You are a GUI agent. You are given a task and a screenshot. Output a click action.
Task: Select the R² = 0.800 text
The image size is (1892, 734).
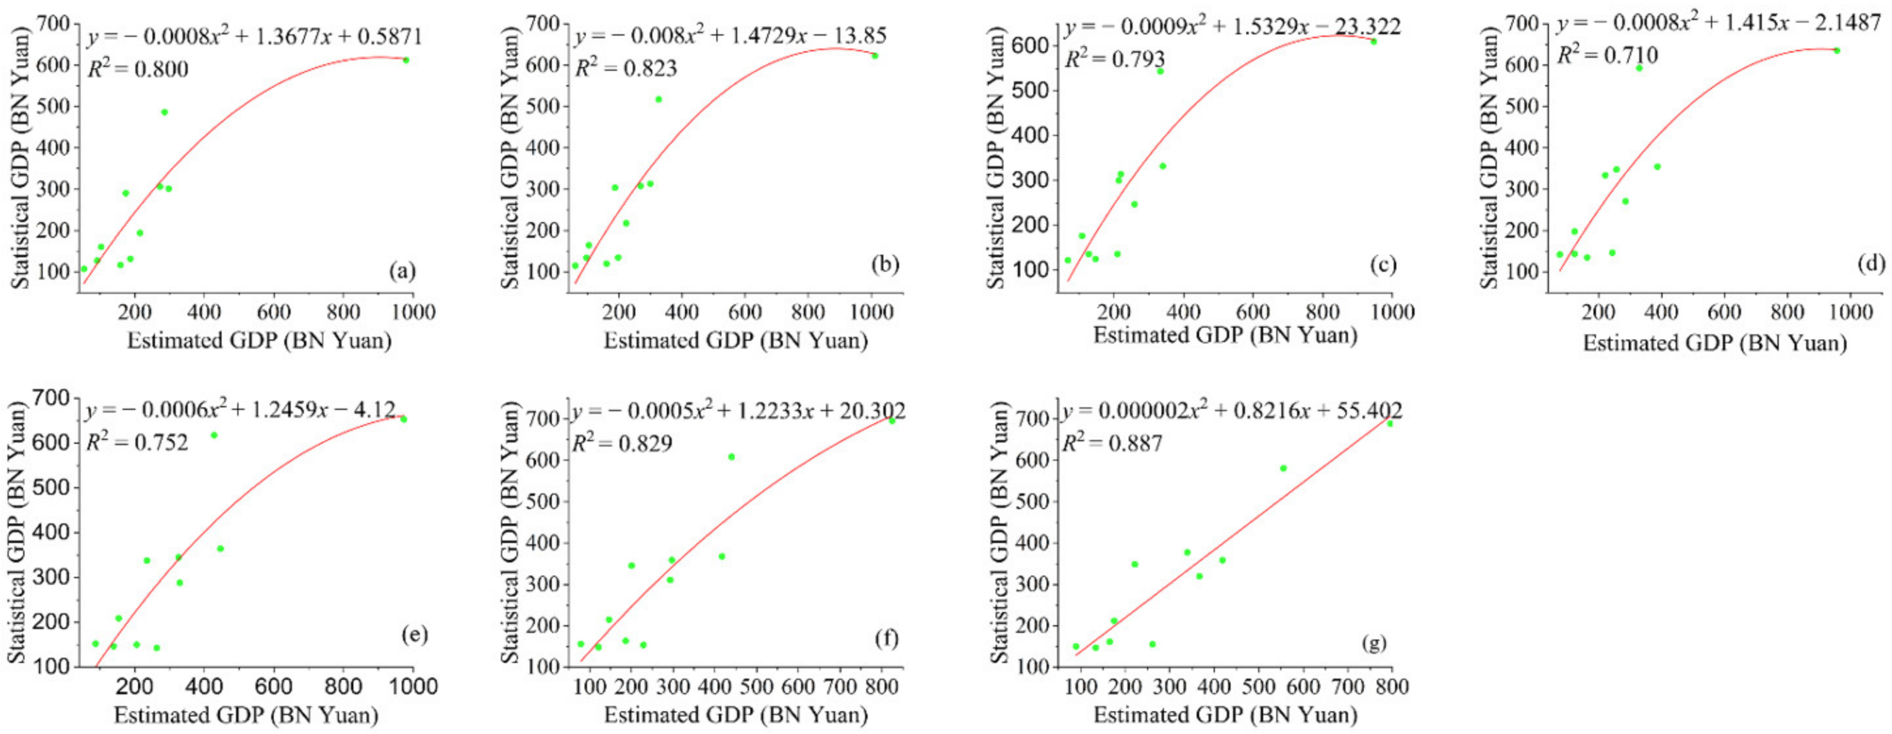click(138, 70)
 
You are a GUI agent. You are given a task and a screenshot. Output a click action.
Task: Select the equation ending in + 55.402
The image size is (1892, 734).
click(1232, 410)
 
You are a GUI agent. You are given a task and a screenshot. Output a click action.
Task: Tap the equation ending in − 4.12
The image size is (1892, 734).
click(241, 410)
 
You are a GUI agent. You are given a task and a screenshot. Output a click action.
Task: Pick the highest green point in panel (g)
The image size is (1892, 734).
click(1389, 423)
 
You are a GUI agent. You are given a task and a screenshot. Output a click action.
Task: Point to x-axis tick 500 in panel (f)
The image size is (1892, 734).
click(757, 687)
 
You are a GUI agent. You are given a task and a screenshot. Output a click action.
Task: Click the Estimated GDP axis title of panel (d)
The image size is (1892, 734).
click(1714, 343)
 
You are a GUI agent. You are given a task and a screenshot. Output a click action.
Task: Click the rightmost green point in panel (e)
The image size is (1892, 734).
click(403, 419)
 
